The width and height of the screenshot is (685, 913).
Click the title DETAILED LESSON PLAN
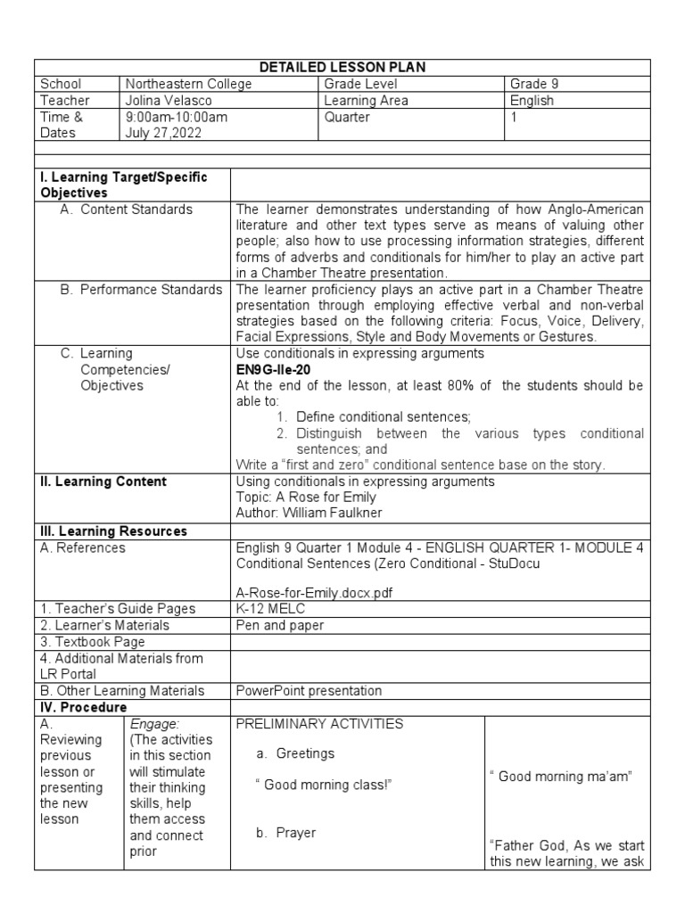342,68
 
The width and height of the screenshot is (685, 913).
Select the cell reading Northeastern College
189,85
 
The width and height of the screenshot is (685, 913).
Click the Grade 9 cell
534,85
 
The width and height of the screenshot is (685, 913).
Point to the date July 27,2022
163,133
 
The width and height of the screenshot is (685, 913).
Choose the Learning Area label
366,101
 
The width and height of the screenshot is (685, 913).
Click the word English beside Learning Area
531,101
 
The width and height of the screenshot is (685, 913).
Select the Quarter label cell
347,117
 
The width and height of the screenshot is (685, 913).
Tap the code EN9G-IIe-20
279,368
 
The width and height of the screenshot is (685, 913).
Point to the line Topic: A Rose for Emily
306,498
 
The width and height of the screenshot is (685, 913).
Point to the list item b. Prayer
285,833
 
